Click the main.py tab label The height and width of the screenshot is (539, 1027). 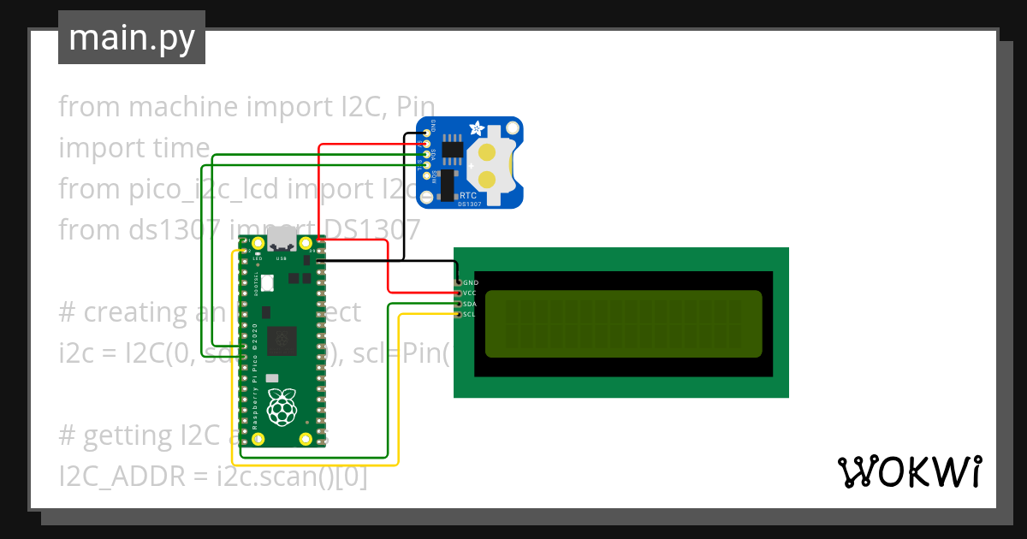(131, 38)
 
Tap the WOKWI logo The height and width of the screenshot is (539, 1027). (909, 471)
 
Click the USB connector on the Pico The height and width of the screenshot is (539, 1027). (280, 241)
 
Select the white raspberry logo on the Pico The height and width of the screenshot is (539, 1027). (281, 408)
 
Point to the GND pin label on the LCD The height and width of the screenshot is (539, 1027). (471, 282)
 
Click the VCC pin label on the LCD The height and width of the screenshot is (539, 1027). (470, 293)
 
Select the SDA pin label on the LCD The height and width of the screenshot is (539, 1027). (470, 305)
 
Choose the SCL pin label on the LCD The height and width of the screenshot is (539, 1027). (470, 315)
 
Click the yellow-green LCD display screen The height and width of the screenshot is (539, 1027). (623, 324)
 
